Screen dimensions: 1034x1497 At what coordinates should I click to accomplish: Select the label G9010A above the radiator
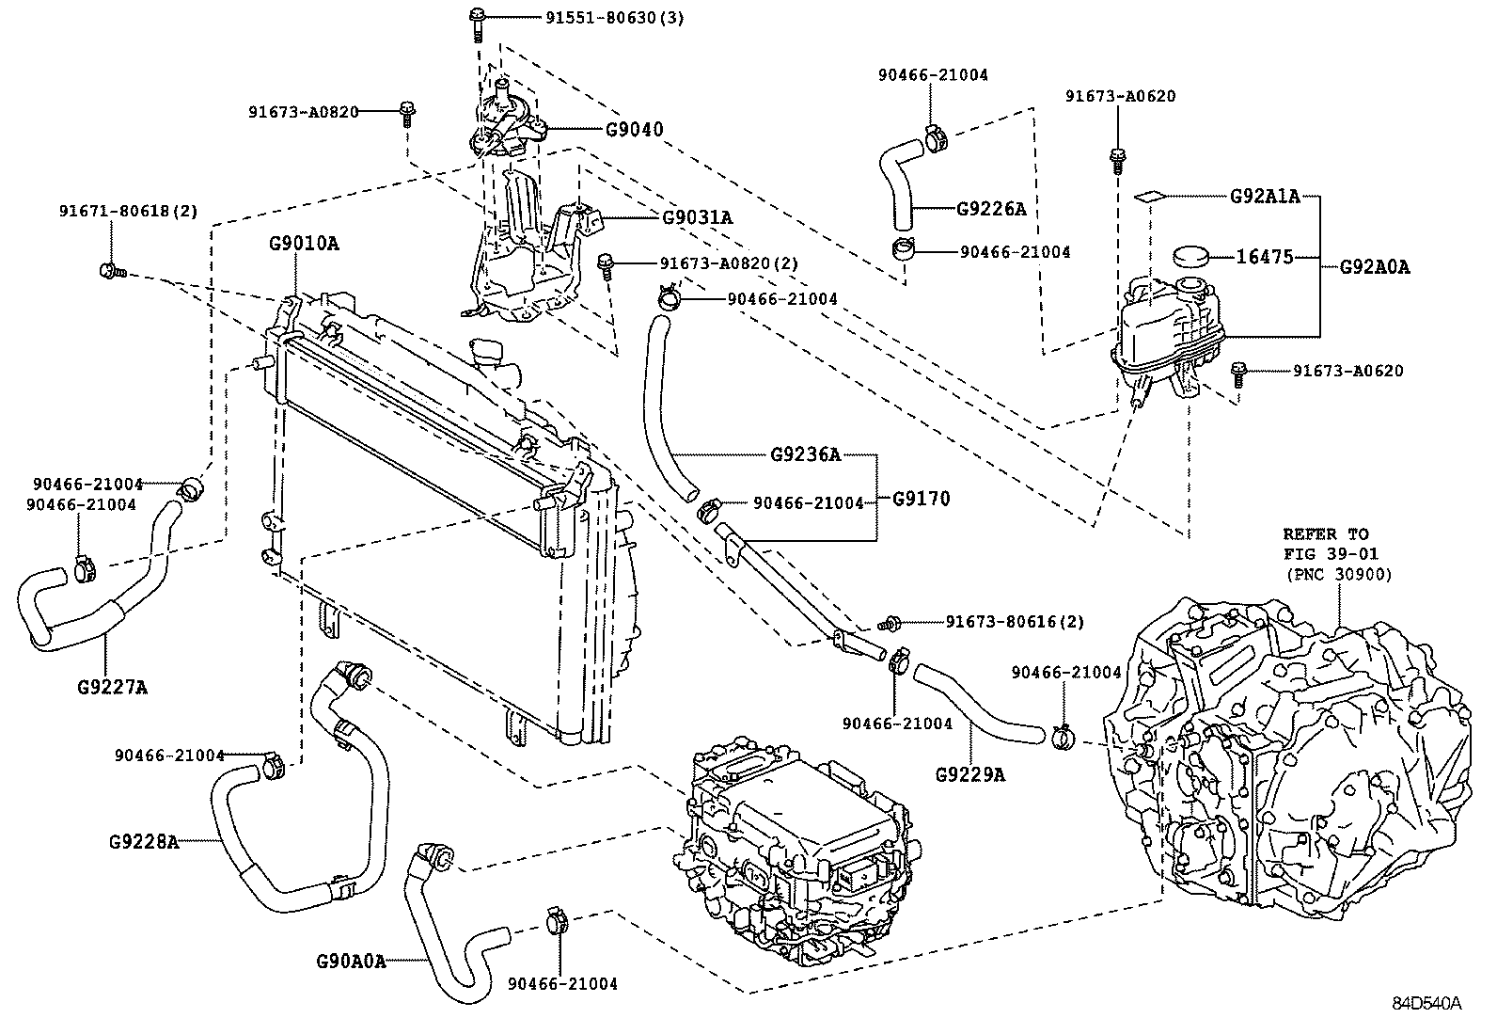(304, 244)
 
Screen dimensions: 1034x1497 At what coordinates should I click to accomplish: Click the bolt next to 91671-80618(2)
(109, 271)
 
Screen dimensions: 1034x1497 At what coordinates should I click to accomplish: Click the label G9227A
(112, 686)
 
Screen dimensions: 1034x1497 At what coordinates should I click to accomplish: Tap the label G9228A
(143, 840)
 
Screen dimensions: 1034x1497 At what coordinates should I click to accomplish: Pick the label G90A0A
(351, 962)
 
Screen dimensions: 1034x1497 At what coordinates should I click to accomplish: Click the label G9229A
(970, 774)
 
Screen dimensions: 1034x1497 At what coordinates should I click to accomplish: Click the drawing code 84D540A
(1426, 1003)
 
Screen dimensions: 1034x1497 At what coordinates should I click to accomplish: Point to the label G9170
(921, 499)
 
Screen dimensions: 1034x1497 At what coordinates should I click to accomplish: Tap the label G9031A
(697, 217)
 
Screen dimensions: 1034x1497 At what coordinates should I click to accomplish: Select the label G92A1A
(1265, 196)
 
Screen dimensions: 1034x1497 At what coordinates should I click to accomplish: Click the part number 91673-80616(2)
(1015, 621)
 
